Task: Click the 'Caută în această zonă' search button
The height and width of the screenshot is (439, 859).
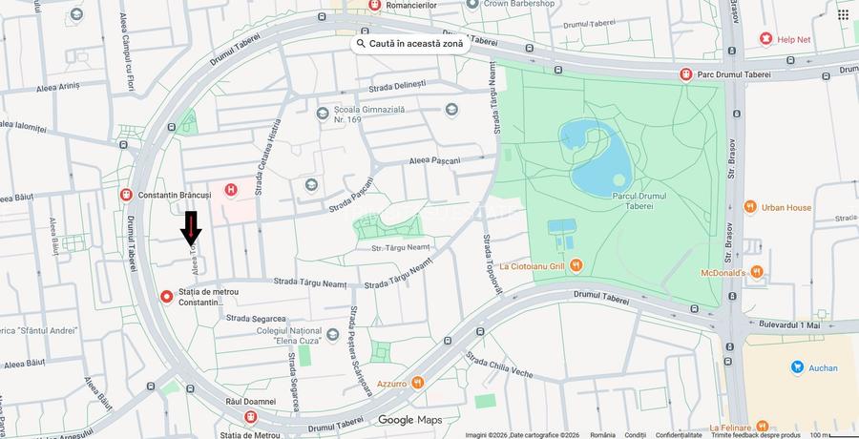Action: (409, 44)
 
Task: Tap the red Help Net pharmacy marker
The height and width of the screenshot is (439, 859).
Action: (765, 38)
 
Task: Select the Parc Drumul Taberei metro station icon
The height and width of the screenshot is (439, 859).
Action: (685, 73)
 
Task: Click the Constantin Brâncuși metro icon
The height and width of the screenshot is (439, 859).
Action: (126, 195)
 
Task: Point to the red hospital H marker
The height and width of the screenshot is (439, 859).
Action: (230, 190)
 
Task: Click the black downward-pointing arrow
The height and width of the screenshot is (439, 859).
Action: (191, 228)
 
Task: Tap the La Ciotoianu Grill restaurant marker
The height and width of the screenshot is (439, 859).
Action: (575, 265)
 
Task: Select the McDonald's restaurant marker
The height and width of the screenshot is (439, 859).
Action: (756, 272)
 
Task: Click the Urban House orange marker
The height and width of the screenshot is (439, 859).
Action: (750, 207)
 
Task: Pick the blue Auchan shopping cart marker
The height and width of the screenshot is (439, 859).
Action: (797, 367)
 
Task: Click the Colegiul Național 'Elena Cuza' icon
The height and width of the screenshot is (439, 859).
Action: (332, 334)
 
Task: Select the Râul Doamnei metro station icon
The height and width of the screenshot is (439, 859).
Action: (250, 417)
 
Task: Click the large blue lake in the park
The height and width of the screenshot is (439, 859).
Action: (597, 157)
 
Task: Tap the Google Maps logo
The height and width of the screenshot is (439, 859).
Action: (409, 420)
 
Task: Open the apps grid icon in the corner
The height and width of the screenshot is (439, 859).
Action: (843, 14)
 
